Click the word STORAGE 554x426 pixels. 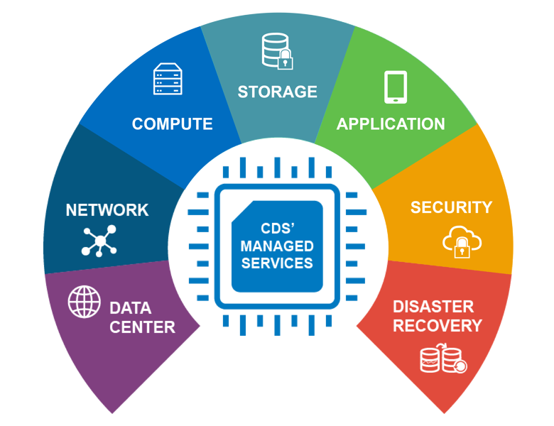click(x=277, y=92)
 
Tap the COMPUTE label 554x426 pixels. click(x=172, y=124)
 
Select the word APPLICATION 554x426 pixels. click(x=391, y=124)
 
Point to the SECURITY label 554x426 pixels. click(x=451, y=207)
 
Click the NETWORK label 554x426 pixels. click(x=107, y=210)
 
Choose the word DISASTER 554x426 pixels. click(x=433, y=307)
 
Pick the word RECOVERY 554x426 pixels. click(x=438, y=326)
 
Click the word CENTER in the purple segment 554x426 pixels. click(x=142, y=327)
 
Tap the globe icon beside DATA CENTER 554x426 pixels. click(x=85, y=301)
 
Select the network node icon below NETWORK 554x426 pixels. click(x=99, y=241)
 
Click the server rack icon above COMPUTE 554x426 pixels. click(x=168, y=80)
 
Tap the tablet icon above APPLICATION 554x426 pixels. click(x=396, y=87)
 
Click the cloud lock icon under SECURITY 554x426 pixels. click(x=462, y=241)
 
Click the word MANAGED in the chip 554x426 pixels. click(x=277, y=246)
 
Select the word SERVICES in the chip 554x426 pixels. click(x=277, y=263)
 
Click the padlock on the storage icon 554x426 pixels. click(x=286, y=60)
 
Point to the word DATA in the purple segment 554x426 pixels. click(x=130, y=309)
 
